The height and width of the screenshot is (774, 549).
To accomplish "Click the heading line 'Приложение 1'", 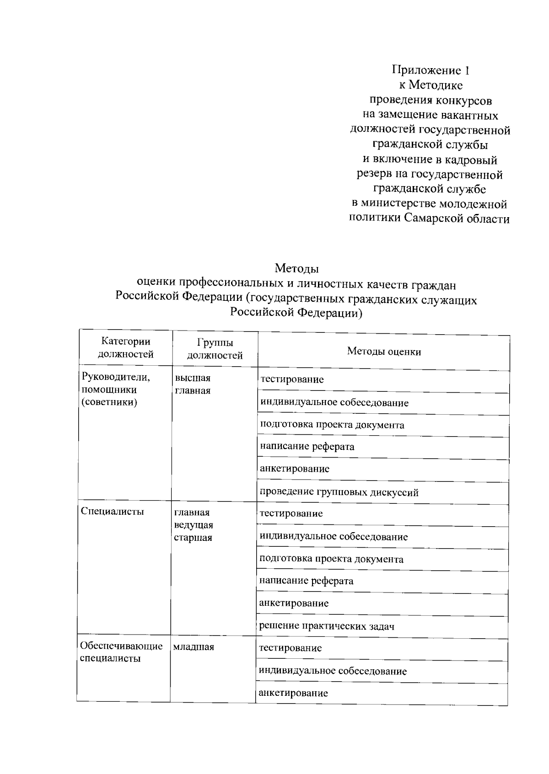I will point(430,70).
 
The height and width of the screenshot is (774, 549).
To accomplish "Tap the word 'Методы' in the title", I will point(296,268).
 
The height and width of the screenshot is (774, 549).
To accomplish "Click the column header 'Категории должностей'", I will point(126,348).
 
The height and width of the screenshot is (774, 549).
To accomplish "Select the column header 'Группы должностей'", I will point(215,349).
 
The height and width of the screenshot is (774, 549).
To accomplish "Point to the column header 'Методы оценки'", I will point(384,352).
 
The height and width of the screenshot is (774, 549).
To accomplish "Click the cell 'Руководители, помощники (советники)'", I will point(116,390).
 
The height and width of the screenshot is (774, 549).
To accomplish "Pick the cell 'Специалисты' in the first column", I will point(112,511).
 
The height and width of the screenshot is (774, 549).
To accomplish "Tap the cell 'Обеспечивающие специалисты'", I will point(121,652).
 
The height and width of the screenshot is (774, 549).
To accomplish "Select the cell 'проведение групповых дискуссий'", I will point(339,492).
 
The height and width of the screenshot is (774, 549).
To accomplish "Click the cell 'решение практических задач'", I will point(327,626).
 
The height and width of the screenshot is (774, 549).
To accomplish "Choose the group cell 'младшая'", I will point(194,647).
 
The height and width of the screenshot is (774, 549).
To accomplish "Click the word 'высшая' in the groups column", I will point(193,379).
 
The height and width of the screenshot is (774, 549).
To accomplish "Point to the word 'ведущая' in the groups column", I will point(194,525).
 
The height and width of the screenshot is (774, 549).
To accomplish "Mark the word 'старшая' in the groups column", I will point(193,538).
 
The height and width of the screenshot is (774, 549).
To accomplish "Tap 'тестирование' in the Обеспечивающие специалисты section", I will point(290,648).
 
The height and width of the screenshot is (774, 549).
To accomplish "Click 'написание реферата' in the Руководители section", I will point(307,447).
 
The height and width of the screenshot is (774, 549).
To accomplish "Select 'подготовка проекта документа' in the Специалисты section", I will point(331,559).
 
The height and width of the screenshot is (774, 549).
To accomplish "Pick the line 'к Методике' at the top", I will point(431,85).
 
